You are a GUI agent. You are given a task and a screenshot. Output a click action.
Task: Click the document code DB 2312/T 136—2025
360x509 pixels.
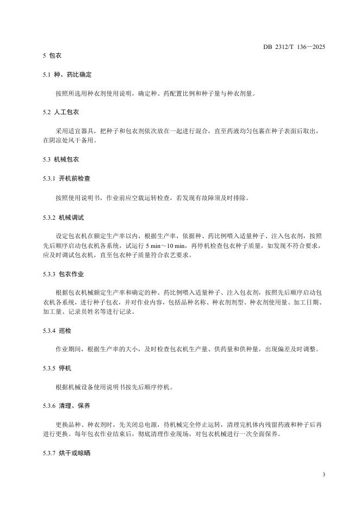294,47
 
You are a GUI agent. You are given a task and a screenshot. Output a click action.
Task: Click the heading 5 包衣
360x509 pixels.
52,56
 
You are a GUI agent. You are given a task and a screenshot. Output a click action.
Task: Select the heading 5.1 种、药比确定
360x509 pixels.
63,75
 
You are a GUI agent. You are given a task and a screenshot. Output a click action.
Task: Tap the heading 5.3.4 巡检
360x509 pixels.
58,331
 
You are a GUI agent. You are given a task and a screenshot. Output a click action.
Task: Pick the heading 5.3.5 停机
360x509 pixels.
58,368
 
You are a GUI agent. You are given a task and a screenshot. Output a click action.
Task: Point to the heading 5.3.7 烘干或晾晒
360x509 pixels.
66,454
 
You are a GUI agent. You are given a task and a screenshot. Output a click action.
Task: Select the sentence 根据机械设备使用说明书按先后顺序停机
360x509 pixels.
114,387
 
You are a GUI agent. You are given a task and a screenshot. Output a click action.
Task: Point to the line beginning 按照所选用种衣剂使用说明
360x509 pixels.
154,94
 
